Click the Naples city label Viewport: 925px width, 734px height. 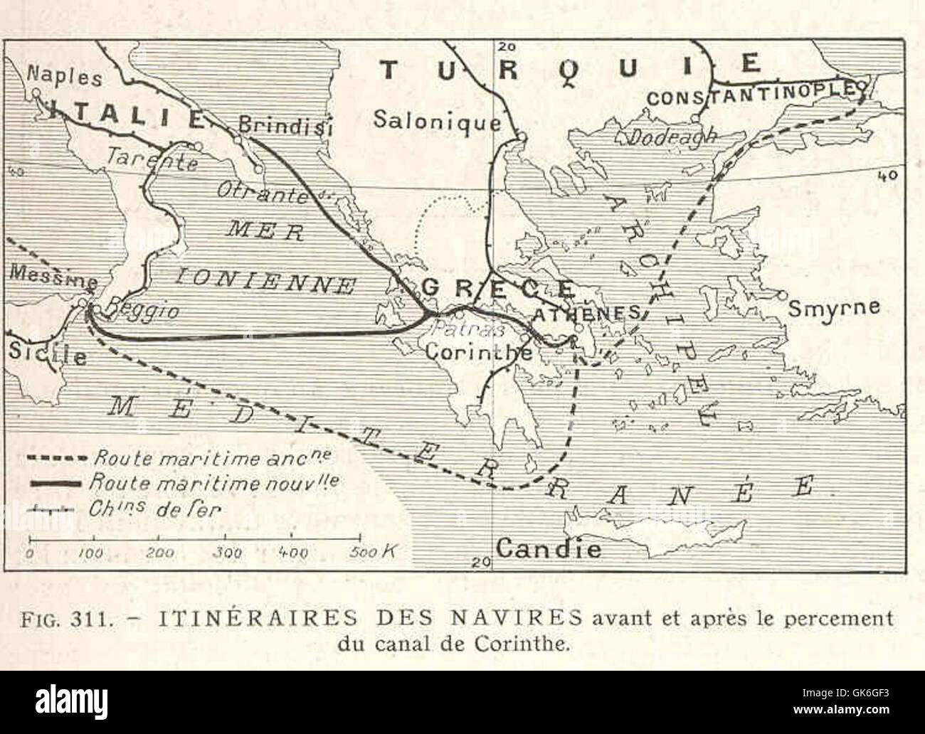point(64,77)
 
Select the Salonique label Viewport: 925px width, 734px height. point(437,119)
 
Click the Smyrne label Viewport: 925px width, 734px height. point(834,308)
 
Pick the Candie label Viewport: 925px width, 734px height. point(548,548)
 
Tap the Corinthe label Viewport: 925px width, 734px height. point(478,351)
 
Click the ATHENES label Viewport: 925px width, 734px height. point(588,314)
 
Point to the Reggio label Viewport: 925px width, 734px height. point(142,311)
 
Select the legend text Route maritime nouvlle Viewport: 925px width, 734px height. point(213,483)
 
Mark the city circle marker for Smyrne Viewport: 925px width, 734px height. point(781,294)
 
